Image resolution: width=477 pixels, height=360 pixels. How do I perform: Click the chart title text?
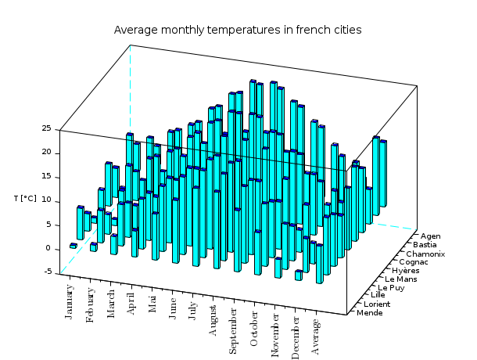(x=238, y=31)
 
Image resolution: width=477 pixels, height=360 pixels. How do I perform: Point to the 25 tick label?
(x=46, y=128)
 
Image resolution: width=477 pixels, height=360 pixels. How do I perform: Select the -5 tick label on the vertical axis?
(x=47, y=272)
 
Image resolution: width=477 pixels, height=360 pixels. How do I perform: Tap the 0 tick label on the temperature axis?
(x=48, y=248)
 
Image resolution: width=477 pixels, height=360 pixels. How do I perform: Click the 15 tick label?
(x=46, y=176)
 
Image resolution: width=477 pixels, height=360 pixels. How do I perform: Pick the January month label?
(x=70, y=301)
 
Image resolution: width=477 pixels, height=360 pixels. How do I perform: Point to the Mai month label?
(x=152, y=302)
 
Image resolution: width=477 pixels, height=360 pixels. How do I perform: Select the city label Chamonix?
(x=425, y=254)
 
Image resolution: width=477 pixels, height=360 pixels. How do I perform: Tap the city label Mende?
(x=370, y=313)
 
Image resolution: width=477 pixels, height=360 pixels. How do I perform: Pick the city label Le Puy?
(x=391, y=288)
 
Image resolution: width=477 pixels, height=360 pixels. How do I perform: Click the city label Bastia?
(x=427, y=244)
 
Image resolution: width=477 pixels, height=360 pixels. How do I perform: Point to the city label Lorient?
(x=379, y=304)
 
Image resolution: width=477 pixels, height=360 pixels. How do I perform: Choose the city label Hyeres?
(x=408, y=271)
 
